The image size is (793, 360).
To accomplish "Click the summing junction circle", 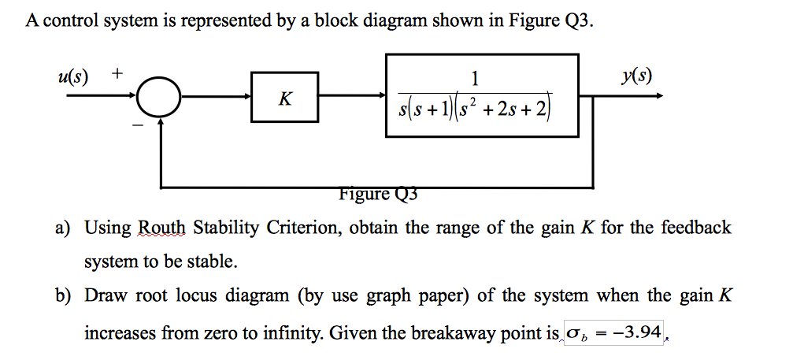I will (x=161, y=98).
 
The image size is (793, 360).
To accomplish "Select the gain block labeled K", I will (x=284, y=98).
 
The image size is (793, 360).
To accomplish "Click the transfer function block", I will (x=482, y=95).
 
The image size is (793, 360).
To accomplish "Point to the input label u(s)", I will (x=73, y=76).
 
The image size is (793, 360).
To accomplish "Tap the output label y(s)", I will (x=636, y=76).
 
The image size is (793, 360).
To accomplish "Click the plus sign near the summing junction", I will (x=116, y=74).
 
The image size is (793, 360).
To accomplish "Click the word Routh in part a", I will (x=161, y=228).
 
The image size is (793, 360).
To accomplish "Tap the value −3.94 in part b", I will (x=637, y=332).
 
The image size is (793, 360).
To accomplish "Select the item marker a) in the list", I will (x=63, y=228).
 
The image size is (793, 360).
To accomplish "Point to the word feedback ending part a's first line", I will (x=694, y=228).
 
